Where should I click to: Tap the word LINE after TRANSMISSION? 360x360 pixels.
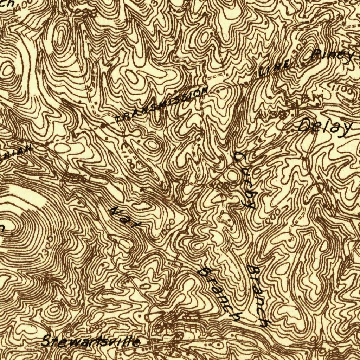[275, 69]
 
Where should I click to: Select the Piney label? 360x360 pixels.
[332, 56]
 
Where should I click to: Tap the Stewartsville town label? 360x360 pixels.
[91, 341]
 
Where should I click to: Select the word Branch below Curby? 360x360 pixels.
[258, 295]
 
